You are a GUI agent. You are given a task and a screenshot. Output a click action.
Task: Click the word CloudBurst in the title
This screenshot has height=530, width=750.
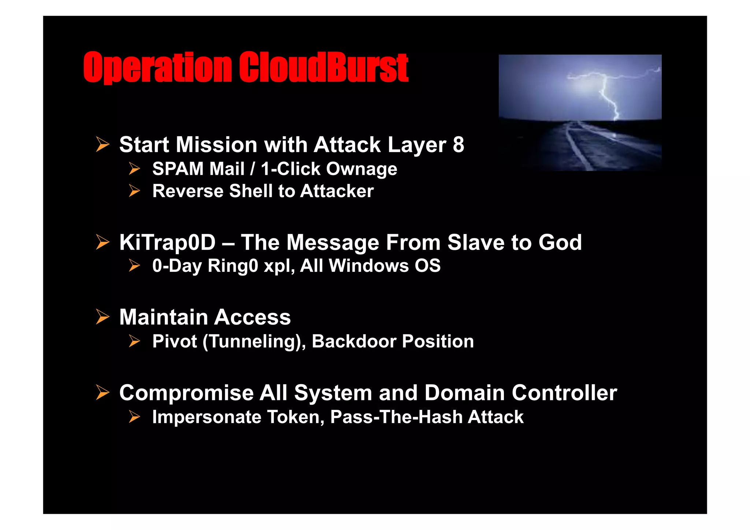[324, 67]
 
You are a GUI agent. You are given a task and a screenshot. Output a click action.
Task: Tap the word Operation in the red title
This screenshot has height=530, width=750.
[157, 67]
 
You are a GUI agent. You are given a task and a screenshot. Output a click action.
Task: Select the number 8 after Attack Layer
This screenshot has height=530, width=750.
[458, 145]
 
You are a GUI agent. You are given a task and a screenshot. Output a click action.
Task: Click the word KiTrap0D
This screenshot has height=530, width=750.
[167, 243]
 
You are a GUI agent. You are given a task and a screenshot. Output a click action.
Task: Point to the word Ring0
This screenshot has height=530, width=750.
[233, 266]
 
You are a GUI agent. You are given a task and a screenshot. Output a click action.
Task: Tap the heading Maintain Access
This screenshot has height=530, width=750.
[205, 317]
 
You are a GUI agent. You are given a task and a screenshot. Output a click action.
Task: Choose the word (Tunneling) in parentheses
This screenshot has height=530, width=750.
[254, 342]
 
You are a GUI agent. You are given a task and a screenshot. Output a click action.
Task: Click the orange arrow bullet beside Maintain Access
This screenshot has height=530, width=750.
[103, 317]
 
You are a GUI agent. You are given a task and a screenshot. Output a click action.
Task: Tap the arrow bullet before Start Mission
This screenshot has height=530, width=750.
[103, 144]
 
